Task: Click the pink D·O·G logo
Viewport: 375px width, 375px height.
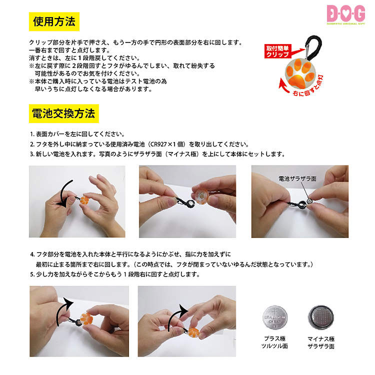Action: (x=346, y=13)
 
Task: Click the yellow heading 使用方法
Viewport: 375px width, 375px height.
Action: (x=54, y=21)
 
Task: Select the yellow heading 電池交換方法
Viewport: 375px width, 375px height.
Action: (x=63, y=113)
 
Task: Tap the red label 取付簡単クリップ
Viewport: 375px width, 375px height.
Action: (x=277, y=51)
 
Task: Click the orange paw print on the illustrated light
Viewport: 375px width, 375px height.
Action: (x=300, y=73)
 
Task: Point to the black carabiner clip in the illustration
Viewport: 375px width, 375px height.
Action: (x=314, y=47)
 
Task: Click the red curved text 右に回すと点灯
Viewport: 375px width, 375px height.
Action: (x=308, y=86)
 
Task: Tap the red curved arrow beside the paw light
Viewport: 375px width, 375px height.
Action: (x=284, y=86)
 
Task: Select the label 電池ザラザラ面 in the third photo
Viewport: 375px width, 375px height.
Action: (x=297, y=178)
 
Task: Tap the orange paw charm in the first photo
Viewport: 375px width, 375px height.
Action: (x=84, y=200)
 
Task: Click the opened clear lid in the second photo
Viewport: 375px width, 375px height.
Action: (x=201, y=197)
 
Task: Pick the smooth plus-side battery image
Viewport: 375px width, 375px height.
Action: (x=275, y=317)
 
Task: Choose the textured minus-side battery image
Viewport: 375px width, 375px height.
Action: (x=320, y=317)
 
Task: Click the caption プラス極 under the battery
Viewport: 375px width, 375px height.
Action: (x=275, y=338)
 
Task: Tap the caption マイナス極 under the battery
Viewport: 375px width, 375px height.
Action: (x=321, y=338)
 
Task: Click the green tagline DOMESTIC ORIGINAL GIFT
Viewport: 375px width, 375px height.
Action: (x=346, y=23)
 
